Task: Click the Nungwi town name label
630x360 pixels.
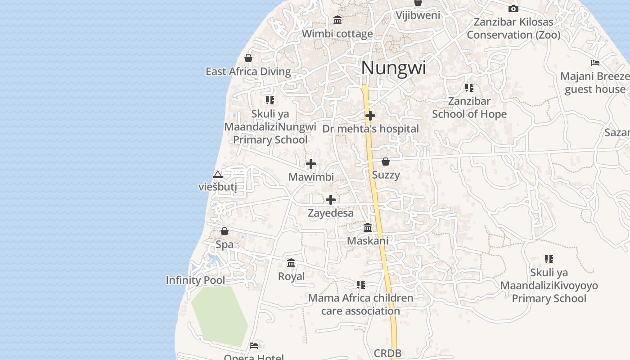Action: point(393,68)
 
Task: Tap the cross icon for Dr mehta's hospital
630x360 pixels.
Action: point(370,116)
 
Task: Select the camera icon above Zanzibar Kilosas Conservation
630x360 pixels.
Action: point(513,9)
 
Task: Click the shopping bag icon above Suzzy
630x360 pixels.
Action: point(386,162)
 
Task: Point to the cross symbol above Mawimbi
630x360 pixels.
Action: point(311,164)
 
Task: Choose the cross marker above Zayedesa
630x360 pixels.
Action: point(331,200)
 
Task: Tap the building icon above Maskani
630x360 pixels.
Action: point(368,227)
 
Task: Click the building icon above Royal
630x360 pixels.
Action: point(291,263)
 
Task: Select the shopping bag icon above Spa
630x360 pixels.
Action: point(225,231)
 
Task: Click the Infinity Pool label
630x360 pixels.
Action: point(195,280)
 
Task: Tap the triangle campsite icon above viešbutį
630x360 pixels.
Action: point(218,174)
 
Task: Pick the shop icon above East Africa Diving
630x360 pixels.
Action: point(248,58)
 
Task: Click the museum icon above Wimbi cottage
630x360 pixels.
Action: point(337,20)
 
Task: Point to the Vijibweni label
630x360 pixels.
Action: point(418,15)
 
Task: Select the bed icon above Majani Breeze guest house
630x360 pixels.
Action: point(595,63)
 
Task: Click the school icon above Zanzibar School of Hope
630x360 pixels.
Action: point(469,88)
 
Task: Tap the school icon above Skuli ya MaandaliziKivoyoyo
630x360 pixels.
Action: point(549,259)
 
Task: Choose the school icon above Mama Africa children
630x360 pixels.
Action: point(360,285)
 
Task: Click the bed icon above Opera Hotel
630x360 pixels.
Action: point(254,346)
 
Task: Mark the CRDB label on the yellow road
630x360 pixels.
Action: point(387,354)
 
